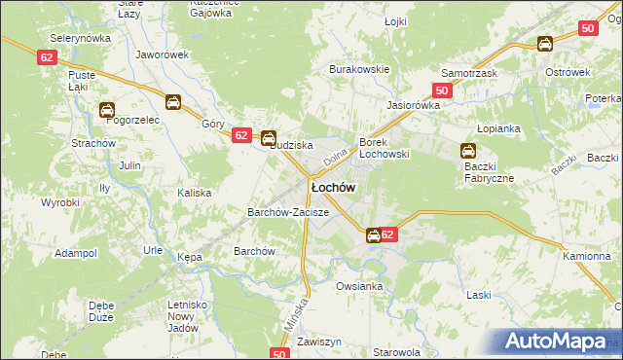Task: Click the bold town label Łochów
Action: (332, 186)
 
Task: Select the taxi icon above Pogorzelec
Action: (106, 110)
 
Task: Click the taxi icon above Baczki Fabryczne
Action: (467, 151)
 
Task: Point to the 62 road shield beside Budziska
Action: (242, 136)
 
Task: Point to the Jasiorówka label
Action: (414, 104)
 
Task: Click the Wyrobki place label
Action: (59, 202)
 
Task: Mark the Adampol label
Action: (76, 252)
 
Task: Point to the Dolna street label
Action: (334, 154)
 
